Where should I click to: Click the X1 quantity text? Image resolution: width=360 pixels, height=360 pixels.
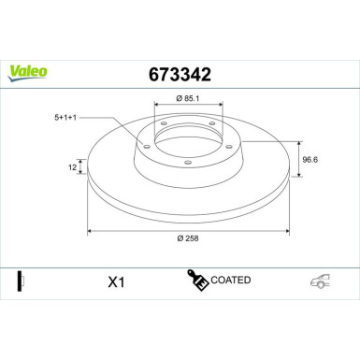[x=116, y=281]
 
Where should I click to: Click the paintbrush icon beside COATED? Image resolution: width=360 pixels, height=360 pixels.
[x=198, y=280]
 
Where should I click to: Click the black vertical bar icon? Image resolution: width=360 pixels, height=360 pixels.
[x=21, y=280]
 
